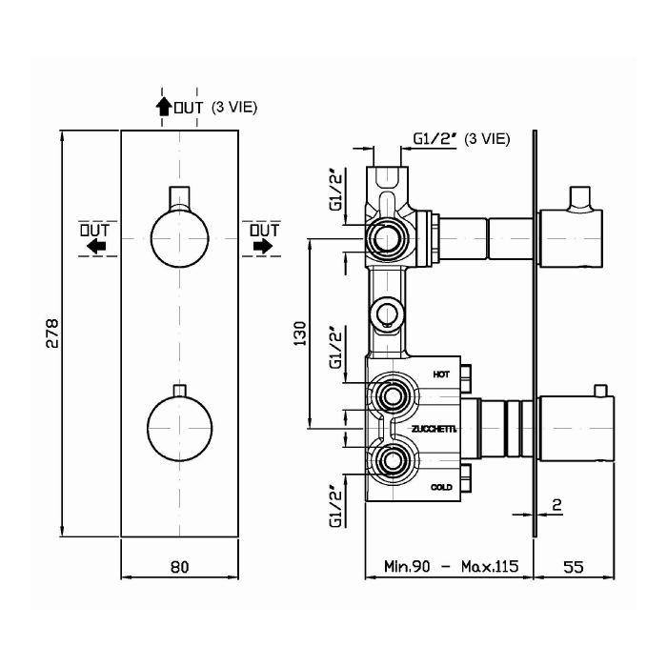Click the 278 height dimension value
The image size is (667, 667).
[x=52, y=333]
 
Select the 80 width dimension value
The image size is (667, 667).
[x=179, y=567]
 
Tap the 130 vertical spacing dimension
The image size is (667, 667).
[x=300, y=333]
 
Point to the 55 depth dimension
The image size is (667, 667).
[x=574, y=567]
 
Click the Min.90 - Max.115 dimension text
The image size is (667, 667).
[x=452, y=566]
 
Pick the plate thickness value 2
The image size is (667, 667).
[x=556, y=505]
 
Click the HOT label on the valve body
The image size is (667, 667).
[x=441, y=374]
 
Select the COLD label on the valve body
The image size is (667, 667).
[x=441, y=487]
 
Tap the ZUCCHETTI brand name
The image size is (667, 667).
[x=434, y=429]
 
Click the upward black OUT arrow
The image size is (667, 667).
[x=163, y=107]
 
